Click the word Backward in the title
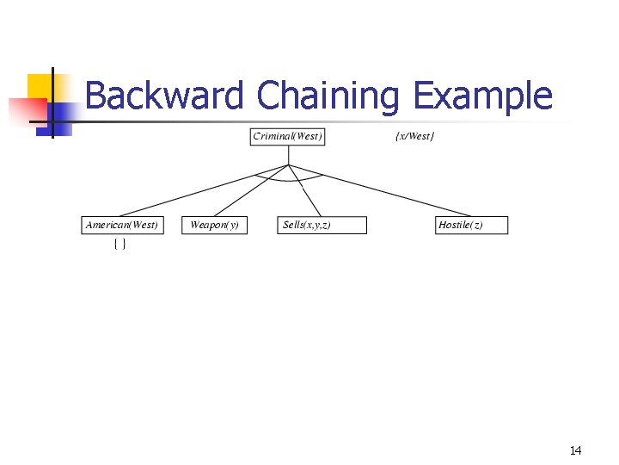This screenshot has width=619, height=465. point(164,96)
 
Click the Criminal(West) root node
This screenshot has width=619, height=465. point(288,137)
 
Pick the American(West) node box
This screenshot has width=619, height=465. point(122,225)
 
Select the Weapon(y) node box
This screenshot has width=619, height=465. point(214,225)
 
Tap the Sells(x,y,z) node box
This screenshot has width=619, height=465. point(322,225)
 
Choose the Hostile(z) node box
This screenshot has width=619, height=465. point(471,225)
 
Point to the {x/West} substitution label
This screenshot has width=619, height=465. point(414,137)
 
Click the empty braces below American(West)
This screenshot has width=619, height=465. point(120,245)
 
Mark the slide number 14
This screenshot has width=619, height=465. point(575,450)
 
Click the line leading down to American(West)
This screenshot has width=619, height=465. point(205,190)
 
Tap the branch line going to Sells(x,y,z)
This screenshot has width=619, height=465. point(306,191)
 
